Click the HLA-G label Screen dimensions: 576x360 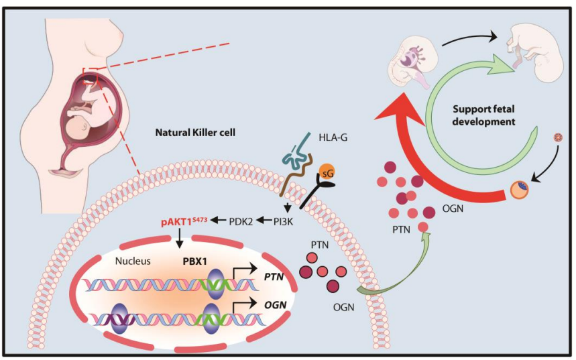[x=333, y=137]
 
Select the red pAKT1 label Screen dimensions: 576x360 [x=184, y=221]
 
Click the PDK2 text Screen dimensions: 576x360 [x=241, y=221]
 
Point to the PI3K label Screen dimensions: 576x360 [x=283, y=221]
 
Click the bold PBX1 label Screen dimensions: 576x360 [x=195, y=261]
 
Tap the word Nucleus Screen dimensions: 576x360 [x=133, y=261]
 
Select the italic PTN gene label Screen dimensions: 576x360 [x=274, y=276]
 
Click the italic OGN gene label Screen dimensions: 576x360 [x=275, y=304]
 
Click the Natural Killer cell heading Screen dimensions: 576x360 [x=195, y=132]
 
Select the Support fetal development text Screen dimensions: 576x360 [x=483, y=115]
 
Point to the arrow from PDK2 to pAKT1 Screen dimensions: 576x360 [x=219, y=221]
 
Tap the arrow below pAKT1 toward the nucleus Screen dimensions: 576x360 [x=179, y=239]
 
